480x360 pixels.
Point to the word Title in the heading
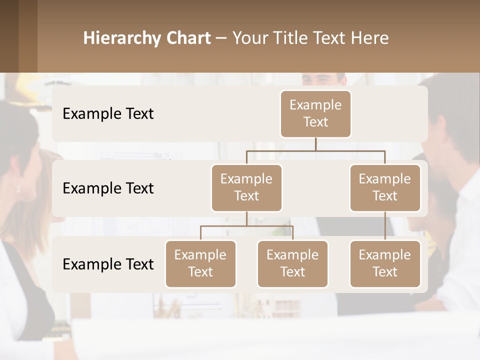click(x=294, y=38)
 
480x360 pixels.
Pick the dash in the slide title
click(x=221, y=38)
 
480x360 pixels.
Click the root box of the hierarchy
click(x=315, y=114)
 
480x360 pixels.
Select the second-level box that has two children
click(x=246, y=187)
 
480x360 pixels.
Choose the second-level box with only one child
click(x=385, y=187)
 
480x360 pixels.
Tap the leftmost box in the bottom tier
click(x=200, y=263)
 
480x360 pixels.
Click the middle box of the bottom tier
click(x=292, y=263)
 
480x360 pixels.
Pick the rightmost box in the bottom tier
click(x=385, y=263)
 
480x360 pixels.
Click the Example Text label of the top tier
click(x=108, y=114)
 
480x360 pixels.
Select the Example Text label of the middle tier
click(x=108, y=188)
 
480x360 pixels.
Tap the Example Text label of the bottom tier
click(x=108, y=264)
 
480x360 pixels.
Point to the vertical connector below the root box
click(x=315, y=144)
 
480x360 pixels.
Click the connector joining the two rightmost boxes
click(x=385, y=226)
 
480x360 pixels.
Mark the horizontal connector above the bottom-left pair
click(x=246, y=226)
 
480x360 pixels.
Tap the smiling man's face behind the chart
click(x=323, y=79)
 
